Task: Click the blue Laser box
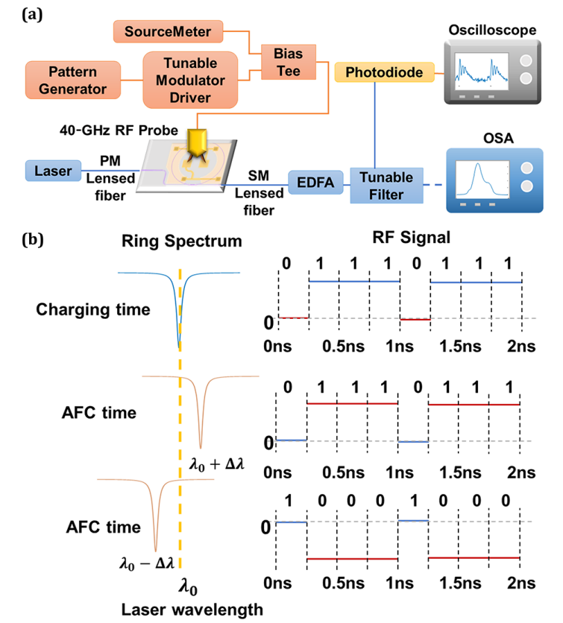click(51, 171)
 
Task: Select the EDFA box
click(313, 181)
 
